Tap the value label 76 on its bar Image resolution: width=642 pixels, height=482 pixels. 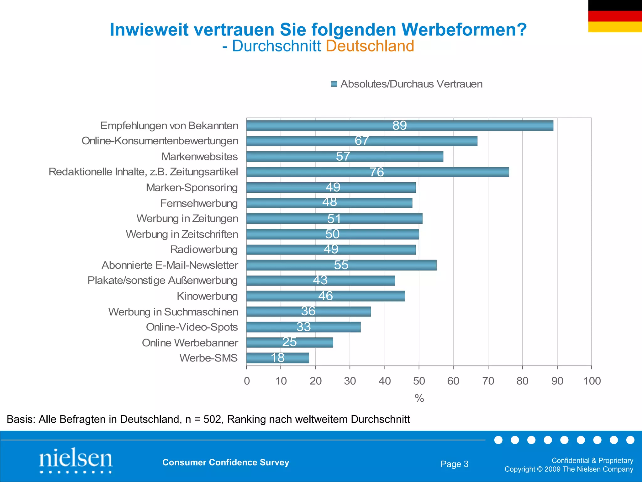click(376, 172)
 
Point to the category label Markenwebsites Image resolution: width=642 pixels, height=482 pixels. click(199, 156)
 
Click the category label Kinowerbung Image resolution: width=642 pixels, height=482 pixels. click(207, 296)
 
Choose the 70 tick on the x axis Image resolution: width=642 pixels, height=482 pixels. click(488, 381)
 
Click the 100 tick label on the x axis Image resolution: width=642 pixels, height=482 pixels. click(592, 381)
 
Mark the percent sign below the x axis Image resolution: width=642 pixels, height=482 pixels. click(419, 399)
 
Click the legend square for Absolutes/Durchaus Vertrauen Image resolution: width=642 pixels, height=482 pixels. click(334, 84)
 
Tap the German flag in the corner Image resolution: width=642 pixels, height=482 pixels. click(615, 16)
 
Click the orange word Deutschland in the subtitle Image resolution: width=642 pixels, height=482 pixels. click(370, 46)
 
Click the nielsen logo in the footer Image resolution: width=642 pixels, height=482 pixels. click(76, 460)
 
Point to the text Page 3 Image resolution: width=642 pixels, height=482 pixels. click(454, 464)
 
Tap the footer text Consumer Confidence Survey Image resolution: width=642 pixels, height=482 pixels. click(226, 462)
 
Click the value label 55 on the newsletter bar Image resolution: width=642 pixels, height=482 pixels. click(341, 265)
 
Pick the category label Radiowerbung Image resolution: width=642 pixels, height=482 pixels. click(204, 249)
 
